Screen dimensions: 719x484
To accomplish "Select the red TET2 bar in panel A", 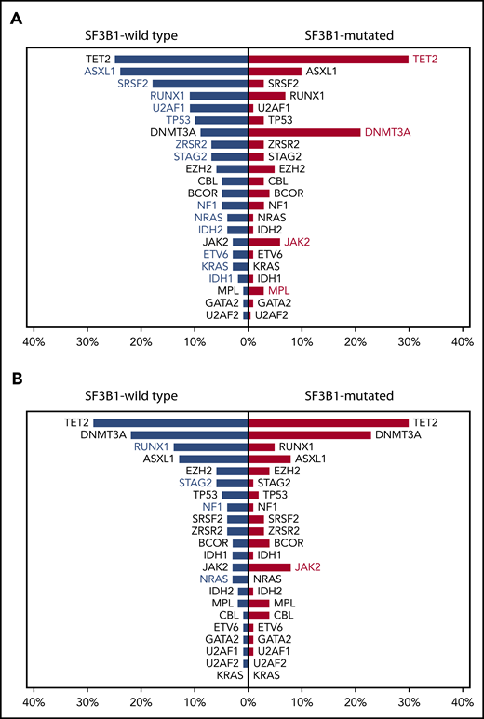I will point(329,59).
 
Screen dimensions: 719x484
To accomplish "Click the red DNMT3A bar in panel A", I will point(304,132).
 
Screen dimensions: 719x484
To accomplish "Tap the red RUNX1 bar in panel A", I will point(267,95).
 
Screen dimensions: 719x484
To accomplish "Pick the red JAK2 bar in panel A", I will point(264,242).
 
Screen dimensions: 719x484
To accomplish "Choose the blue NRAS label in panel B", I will point(211,579).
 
